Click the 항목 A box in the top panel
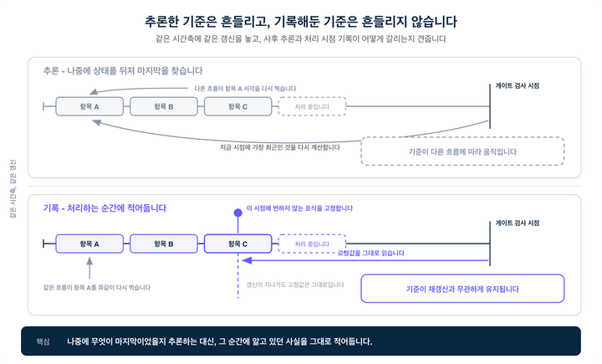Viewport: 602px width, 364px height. point(89,106)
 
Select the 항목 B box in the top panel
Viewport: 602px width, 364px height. point(164,106)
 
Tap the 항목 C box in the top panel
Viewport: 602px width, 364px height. point(237,106)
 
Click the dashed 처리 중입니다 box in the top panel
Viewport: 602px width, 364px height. point(312,106)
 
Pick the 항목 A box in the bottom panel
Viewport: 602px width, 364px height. point(89,244)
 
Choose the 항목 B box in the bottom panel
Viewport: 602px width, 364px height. point(164,244)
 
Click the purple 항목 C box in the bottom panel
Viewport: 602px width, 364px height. point(237,244)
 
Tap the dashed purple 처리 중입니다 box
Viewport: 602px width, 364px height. point(312,244)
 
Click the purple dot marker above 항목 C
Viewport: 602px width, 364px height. point(238,213)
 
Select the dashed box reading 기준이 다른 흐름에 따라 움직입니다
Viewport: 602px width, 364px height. point(462,151)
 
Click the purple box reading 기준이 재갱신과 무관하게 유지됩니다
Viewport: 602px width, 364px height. point(462,289)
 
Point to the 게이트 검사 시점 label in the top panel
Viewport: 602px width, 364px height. point(518,85)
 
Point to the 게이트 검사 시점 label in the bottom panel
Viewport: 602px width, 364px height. point(518,223)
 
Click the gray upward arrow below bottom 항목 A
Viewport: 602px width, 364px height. point(89,268)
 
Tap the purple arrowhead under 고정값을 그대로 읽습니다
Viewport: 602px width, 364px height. point(247,260)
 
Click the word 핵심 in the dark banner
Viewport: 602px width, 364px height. point(43,341)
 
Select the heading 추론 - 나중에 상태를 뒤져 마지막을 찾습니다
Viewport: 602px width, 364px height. point(123,71)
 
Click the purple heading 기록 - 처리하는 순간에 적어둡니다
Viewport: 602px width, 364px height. point(105,208)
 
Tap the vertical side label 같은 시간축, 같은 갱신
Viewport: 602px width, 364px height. point(13,189)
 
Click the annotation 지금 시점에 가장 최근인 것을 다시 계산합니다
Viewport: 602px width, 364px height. point(279,147)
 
